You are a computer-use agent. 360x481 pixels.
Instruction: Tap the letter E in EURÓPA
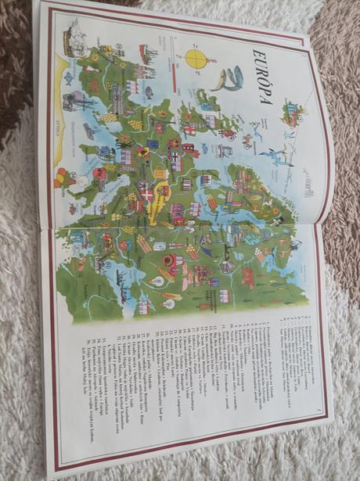256,53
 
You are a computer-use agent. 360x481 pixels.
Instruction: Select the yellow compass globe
198,57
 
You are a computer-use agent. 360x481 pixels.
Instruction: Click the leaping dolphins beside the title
230,78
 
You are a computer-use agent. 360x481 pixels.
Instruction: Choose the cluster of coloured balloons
62,178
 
